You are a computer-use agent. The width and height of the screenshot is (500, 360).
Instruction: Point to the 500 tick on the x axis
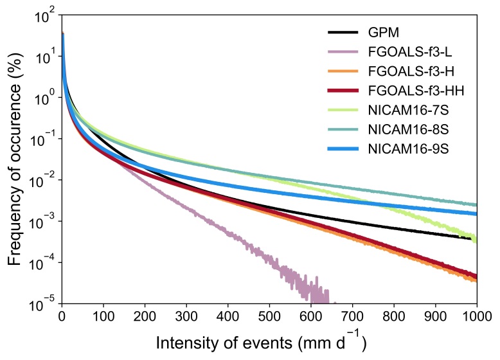269,315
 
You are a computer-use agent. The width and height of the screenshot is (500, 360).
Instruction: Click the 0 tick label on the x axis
62,315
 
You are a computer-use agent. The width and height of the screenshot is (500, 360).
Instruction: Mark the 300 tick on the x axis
186,315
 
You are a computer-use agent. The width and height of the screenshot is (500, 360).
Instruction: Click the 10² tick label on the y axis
42,15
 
